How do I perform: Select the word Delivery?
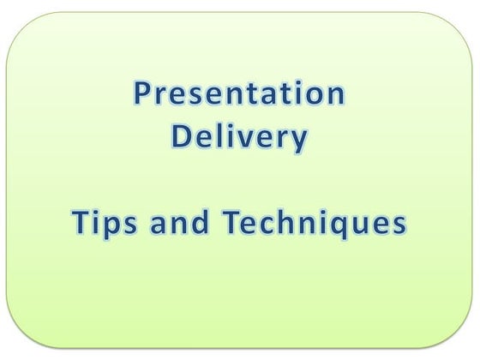[x=239, y=138]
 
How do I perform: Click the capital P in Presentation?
[x=143, y=95]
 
